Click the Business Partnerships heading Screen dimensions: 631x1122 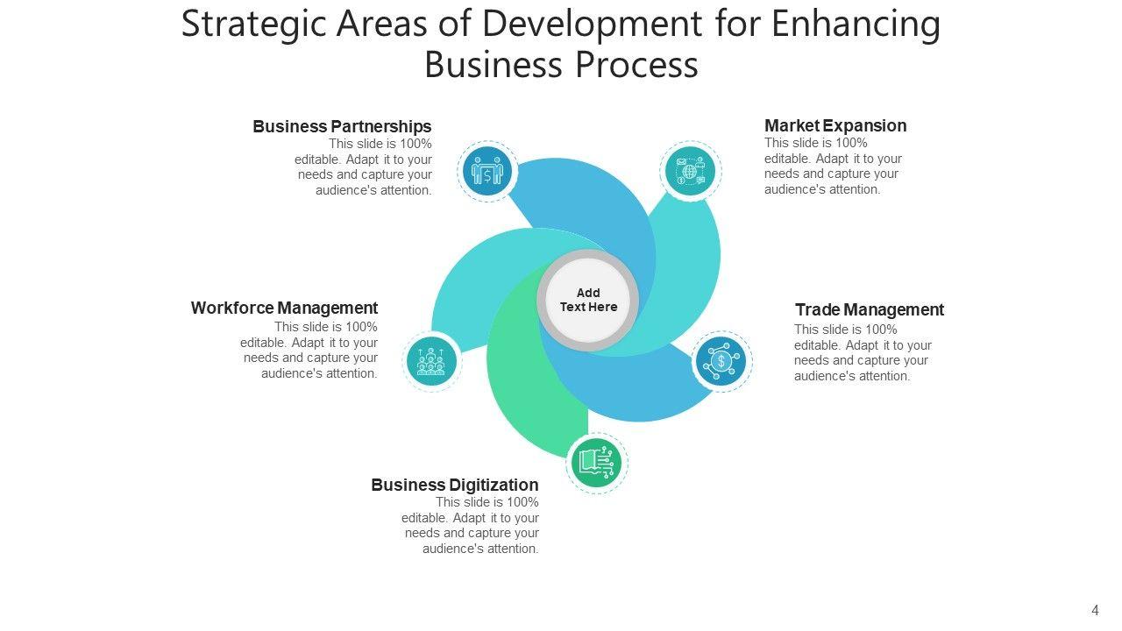point(342,126)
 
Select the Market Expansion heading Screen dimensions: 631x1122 point(835,125)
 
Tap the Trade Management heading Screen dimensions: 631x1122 point(869,309)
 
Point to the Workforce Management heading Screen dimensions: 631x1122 point(284,308)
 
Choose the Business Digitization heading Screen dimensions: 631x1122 point(454,485)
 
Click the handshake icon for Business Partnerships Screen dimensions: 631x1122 point(487,170)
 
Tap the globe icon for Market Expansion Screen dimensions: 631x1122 point(690,171)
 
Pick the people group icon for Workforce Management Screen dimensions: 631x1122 point(431,361)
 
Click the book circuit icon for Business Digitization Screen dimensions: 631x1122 point(597,462)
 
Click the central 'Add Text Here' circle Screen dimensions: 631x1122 point(588,300)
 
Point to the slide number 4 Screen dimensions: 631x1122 point(1095,610)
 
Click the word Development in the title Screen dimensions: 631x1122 point(592,25)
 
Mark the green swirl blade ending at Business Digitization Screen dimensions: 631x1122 point(526,386)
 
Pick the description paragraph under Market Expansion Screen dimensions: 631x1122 point(833,166)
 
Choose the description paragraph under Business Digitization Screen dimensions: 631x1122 point(471,525)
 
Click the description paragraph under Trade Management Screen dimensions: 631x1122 point(863,352)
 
